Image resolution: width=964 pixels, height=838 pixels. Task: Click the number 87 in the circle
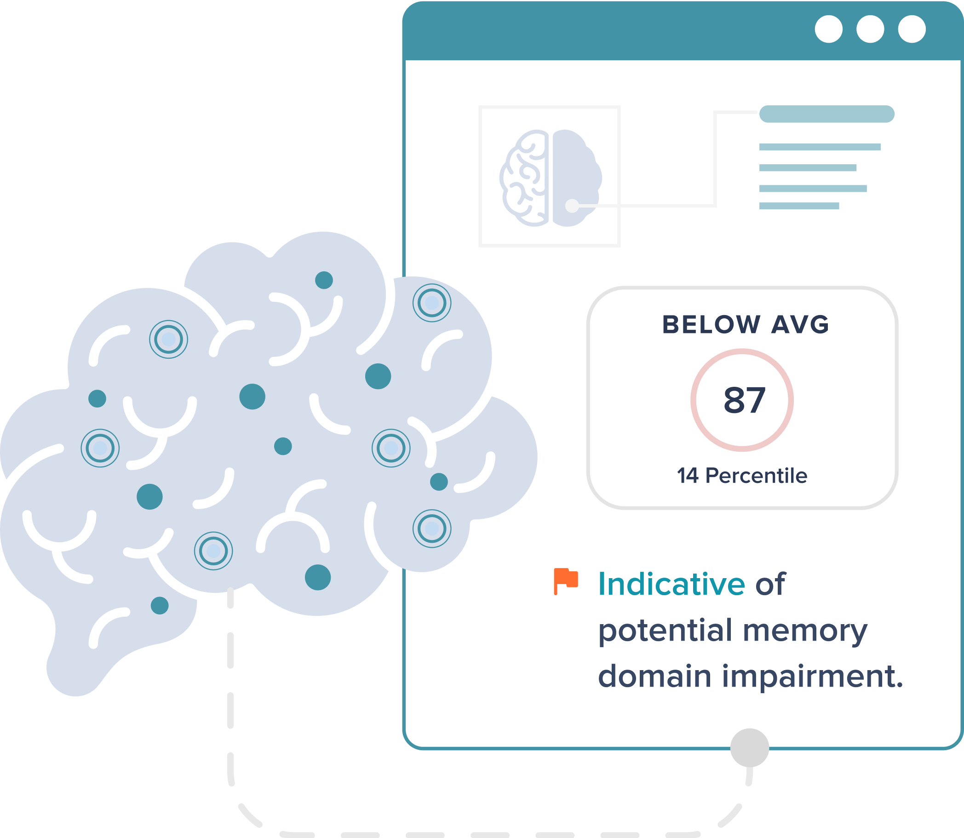click(744, 400)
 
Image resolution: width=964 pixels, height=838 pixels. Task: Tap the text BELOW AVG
click(745, 325)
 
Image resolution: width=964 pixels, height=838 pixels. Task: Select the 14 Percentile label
click(742, 476)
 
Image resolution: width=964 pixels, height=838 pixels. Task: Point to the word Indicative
click(671, 584)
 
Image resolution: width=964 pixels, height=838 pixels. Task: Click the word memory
click(804, 631)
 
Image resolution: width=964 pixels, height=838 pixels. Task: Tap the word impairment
click(812, 677)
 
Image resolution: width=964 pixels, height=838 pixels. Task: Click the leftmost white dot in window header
click(828, 29)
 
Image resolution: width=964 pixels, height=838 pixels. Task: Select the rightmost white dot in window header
click(912, 29)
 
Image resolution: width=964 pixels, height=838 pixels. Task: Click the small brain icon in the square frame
click(550, 178)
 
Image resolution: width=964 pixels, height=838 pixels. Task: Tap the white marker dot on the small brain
click(572, 205)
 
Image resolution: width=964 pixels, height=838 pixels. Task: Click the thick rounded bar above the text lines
click(826, 114)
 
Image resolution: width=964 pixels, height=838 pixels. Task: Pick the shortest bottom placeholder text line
click(799, 206)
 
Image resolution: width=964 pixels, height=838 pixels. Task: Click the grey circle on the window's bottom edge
click(749, 748)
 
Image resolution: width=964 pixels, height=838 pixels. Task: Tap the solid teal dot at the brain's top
click(324, 280)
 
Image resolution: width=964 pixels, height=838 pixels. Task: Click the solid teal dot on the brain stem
click(160, 606)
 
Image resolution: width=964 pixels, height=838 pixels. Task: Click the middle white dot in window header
click(870, 29)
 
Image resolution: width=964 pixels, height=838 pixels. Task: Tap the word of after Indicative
click(770, 584)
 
